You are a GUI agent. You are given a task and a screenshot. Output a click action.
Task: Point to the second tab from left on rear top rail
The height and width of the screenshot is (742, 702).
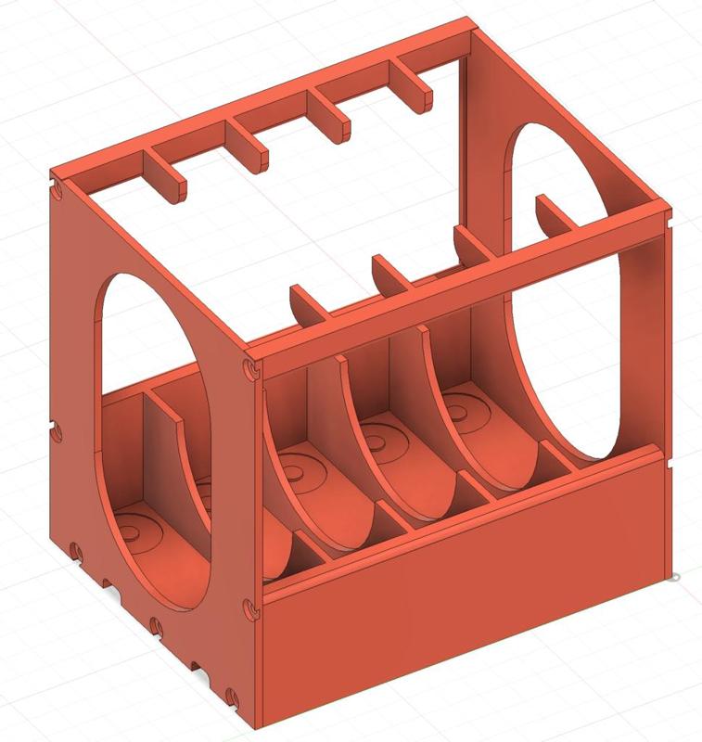250,144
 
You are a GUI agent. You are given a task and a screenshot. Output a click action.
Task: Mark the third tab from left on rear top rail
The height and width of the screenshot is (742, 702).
331,110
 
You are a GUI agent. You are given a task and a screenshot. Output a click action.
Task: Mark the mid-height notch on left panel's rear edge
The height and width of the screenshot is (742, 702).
57,432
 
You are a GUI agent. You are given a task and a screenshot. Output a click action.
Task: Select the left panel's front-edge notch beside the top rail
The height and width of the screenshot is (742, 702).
249,369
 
